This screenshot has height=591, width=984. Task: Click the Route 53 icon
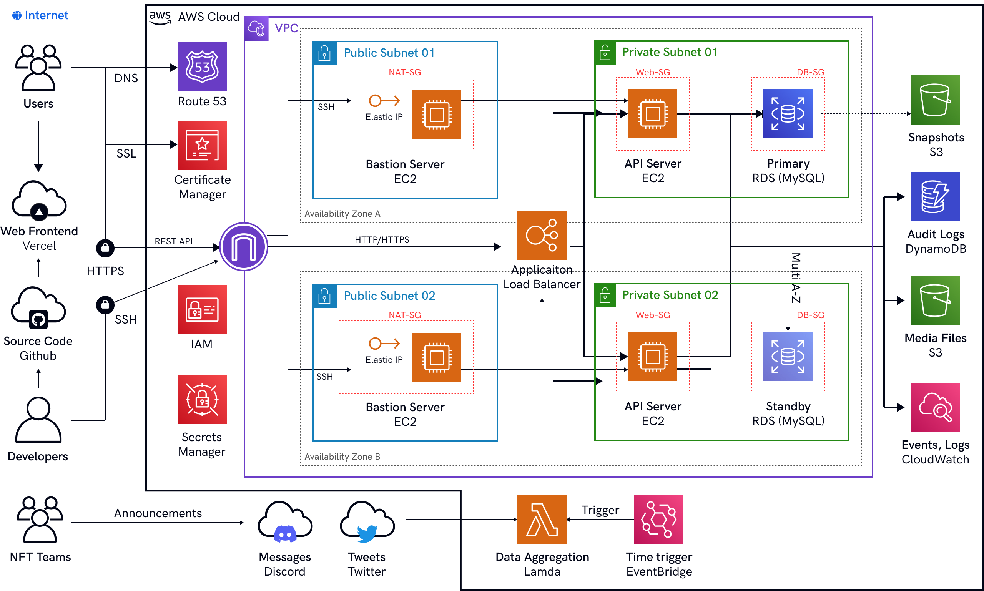click(x=202, y=67)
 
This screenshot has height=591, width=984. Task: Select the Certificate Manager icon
click(x=202, y=145)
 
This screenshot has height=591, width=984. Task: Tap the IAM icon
click(x=202, y=309)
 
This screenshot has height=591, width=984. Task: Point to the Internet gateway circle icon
click(x=244, y=247)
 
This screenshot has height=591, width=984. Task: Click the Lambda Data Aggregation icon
click(x=542, y=519)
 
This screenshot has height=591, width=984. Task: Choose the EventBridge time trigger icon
click(x=658, y=519)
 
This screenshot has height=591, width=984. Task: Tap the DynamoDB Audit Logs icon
click(x=935, y=197)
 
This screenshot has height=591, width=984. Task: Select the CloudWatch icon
click(x=935, y=407)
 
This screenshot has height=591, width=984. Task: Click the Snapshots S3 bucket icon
click(x=935, y=100)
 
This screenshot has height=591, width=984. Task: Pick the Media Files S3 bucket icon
click(x=935, y=300)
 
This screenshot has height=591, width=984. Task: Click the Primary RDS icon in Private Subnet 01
click(x=788, y=114)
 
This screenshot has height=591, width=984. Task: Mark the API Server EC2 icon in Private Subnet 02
click(x=652, y=357)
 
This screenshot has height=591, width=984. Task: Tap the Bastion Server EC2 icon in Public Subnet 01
click(x=436, y=114)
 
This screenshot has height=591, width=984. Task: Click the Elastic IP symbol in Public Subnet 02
click(x=384, y=343)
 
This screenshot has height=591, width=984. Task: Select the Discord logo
click(x=285, y=534)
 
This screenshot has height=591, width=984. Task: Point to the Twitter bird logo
click(x=367, y=534)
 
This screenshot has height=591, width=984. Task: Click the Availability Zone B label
click(x=342, y=457)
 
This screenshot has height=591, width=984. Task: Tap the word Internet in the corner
click(x=46, y=15)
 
